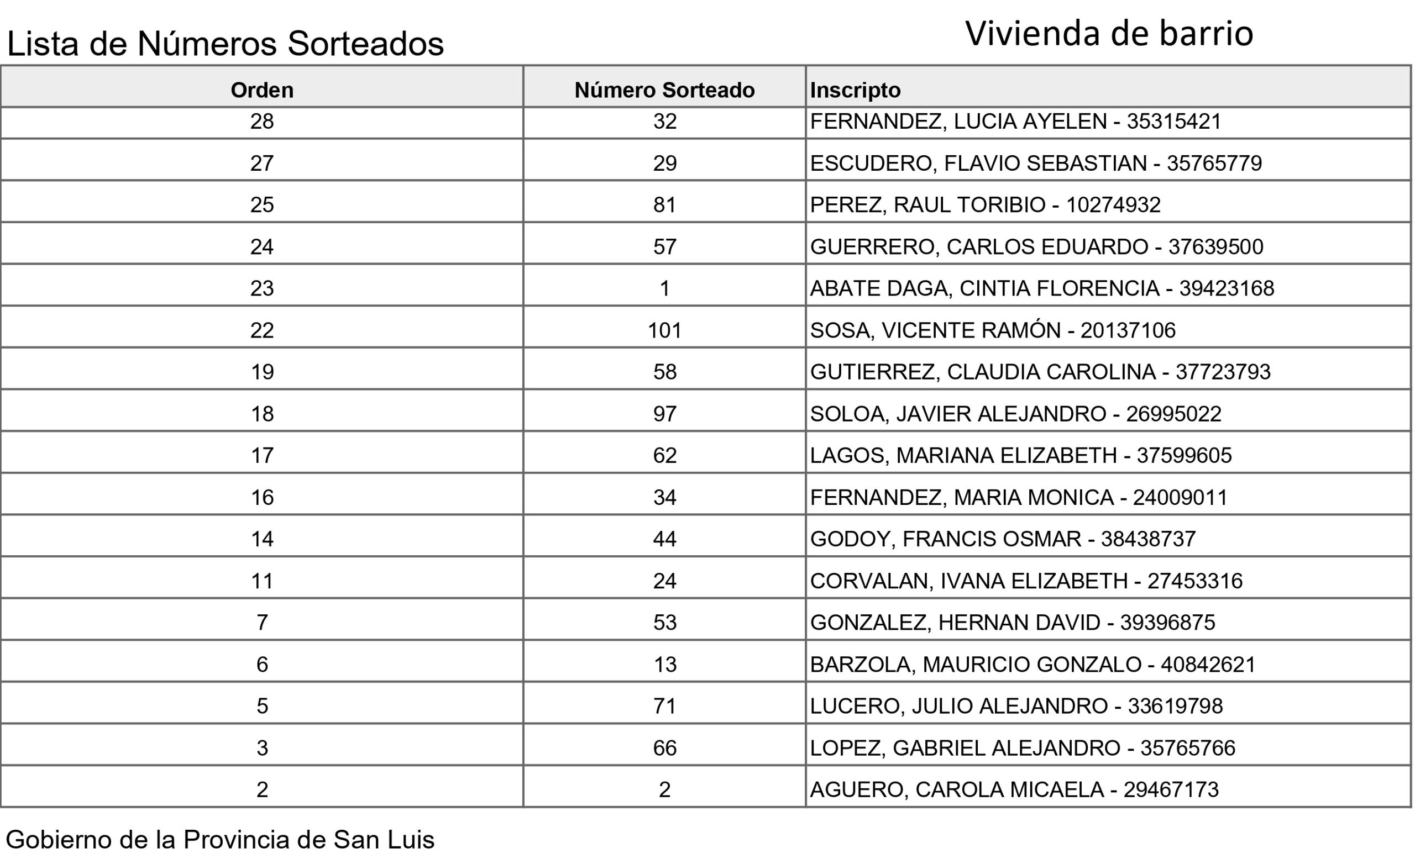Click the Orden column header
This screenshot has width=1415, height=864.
262,90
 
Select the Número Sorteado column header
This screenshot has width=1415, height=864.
664,90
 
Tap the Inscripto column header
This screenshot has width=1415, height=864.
855,90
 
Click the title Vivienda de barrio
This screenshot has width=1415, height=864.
1109,33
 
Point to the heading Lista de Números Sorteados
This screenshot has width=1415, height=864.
225,44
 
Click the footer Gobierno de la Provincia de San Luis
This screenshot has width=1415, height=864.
220,839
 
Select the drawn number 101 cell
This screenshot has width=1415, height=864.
664,330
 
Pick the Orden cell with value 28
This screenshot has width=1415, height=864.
262,121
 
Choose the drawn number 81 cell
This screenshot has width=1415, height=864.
664,205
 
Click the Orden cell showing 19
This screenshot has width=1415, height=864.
262,372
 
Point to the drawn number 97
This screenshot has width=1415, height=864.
664,414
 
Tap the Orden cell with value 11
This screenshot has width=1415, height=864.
262,581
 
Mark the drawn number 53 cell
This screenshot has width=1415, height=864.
664,622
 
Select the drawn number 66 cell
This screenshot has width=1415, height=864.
664,748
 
